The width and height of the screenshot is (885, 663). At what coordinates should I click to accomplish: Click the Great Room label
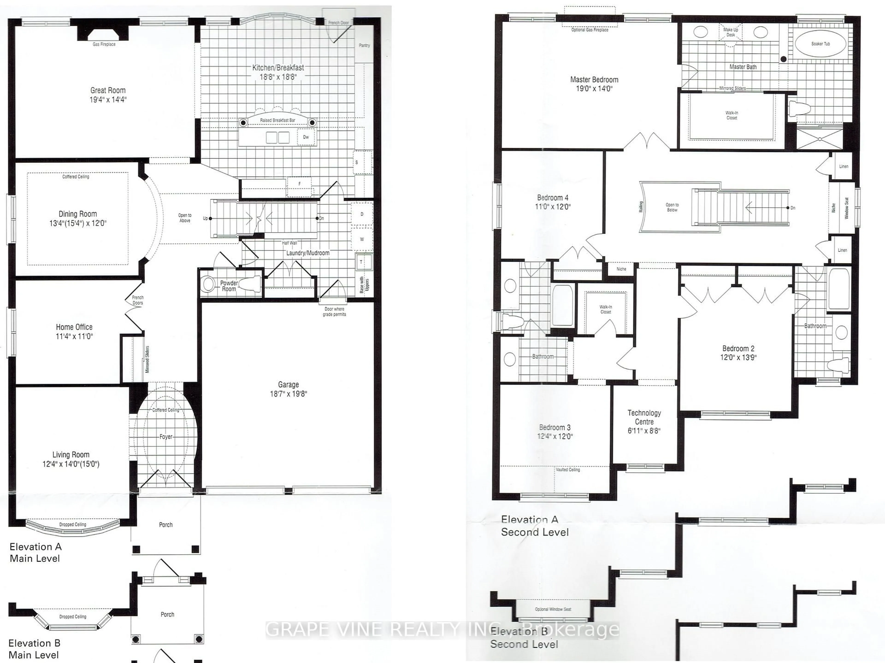tap(108, 90)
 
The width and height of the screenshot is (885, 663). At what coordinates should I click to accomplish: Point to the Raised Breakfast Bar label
tap(278, 120)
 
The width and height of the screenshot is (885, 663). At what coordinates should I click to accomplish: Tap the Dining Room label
tap(78, 214)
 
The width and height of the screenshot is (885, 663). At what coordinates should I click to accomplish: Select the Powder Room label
tap(229, 286)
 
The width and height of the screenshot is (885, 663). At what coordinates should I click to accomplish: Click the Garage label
tap(288, 385)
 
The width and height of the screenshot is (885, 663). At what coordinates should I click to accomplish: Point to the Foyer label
tap(166, 437)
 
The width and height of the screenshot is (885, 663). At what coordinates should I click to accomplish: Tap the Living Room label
tap(71, 455)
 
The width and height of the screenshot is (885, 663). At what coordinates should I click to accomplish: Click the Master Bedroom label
tap(594, 79)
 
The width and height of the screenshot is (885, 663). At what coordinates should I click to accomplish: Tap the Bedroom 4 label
tap(552, 197)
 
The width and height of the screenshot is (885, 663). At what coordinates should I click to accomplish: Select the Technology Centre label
tap(644, 417)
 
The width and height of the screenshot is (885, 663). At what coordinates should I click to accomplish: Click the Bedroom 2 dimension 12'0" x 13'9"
tap(738, 358)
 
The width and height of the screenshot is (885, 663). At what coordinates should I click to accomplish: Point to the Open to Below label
tap(672, 207)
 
